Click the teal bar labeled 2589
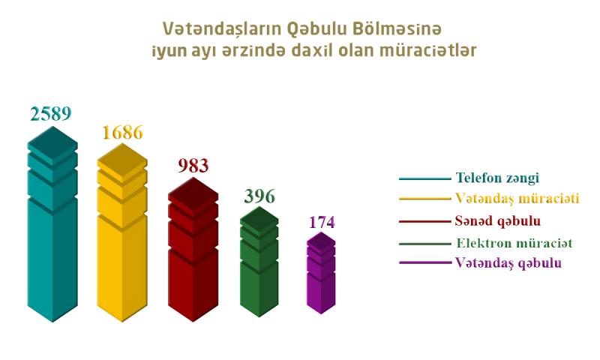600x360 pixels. pos(52,224)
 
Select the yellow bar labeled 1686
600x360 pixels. pos(122,232)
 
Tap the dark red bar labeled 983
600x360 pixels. pos(193,249)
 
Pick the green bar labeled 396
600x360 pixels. pos(259,262)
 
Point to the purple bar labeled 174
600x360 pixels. pos(322,273)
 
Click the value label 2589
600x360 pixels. pos(51,114)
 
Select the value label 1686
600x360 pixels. pos(122,132)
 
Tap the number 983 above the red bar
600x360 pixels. pos(193,165)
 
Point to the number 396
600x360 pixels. pos(259,196)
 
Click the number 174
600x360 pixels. pos(322,222)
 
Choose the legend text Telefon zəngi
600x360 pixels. pos(497,178)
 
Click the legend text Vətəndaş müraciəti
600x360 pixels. pos(517,199)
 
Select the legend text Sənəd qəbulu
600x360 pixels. pos(497,221)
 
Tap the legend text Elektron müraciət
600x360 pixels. pos(514,243)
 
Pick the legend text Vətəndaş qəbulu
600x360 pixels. pos(508,262)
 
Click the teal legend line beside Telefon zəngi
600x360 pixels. pos(425,178)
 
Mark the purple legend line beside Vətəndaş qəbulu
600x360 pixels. pos(425,262)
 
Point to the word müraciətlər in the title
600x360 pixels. pos(427,51)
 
